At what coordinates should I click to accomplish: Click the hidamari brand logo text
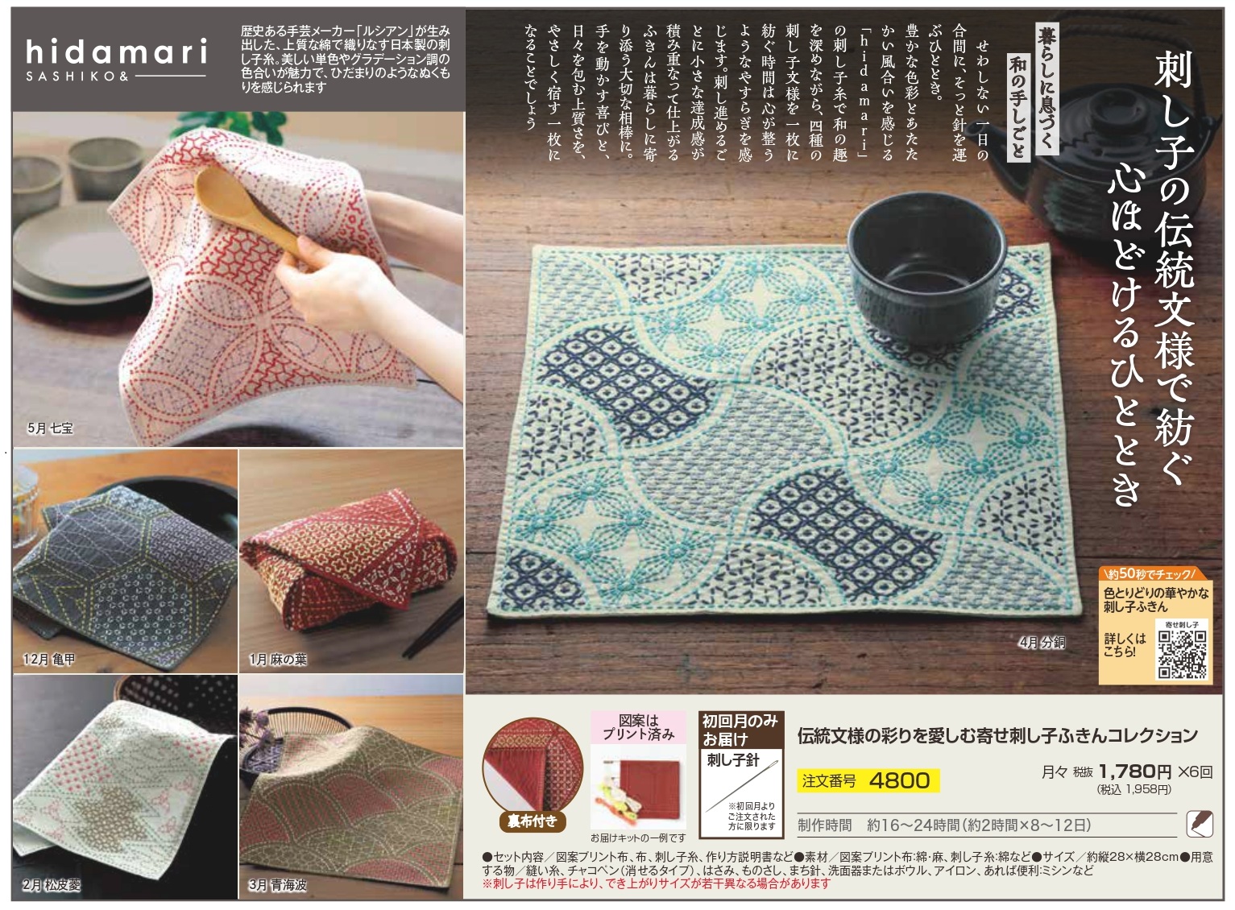coord(116,52)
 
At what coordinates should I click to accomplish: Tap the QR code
coord(1182,654)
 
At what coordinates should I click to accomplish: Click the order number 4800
coord(899,780)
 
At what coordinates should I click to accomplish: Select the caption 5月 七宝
coord(50,428)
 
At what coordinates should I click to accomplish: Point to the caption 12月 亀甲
coord(49,660)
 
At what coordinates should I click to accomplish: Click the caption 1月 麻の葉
coord(278,660)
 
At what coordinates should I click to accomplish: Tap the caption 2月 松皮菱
coord(52,885)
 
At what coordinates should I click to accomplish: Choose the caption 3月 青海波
coord(278,885)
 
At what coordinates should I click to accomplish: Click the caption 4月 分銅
coord(1042,643)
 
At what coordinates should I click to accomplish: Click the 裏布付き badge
coord(532,821)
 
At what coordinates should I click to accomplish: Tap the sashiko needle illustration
coord(741,786)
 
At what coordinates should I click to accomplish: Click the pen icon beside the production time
coord(1200,825)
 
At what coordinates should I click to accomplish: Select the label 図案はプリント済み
coord(639,727)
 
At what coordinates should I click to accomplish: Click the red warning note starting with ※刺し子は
coord(656,883)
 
